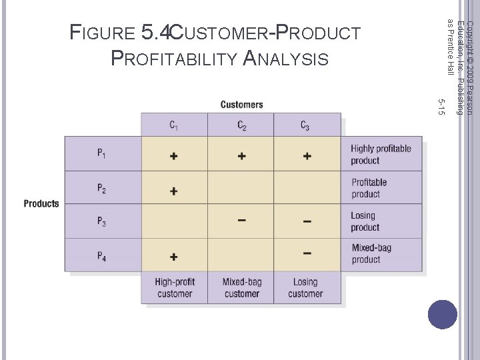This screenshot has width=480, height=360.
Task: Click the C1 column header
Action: point(173,125)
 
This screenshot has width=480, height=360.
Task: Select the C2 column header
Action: point(241,125)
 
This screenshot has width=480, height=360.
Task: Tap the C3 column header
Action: point(305,125)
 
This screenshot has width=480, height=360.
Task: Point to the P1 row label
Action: point(101,154)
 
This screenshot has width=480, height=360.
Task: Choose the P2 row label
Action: point(101,188)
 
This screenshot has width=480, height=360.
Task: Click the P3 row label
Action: point(101,222)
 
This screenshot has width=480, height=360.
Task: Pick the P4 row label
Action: point(101,256)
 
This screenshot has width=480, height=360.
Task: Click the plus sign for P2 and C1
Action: point(173,191)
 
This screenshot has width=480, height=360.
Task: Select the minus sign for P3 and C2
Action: point(241,221)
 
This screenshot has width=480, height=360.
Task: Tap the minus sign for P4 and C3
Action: point(307,253)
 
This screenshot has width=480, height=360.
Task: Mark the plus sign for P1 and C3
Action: point(307,156)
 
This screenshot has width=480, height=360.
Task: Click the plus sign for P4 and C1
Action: point(173,257)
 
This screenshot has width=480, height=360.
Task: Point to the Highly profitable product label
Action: point(381,155)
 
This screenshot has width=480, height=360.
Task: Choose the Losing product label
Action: point(365,221)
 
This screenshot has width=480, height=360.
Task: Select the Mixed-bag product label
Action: point(371,254)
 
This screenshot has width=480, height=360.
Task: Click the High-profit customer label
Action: point(174,288)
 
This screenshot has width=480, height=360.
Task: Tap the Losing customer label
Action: point(305,288)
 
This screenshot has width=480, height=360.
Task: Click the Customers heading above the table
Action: point(241,105)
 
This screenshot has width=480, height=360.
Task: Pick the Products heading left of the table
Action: point(41,204)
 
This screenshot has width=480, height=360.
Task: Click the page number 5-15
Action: point(440,105)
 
